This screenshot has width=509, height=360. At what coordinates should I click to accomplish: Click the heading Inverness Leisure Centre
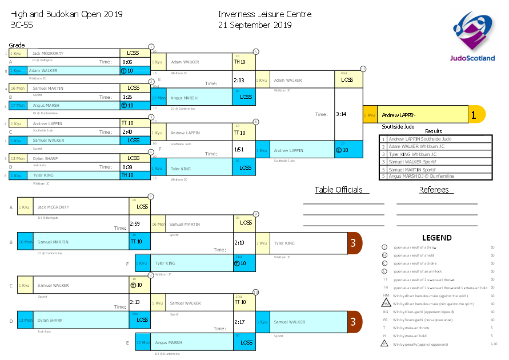[264, 14]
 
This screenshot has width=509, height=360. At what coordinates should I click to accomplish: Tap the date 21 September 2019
[255, 25]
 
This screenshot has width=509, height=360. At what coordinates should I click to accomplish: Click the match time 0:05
[127, 62]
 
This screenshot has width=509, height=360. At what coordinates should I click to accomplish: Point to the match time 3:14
[340, 114]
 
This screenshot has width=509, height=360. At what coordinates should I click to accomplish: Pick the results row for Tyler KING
[436, 154]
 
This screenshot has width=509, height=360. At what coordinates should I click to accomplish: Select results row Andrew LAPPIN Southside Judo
[436, 139]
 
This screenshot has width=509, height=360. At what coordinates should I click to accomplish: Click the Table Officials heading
[338, 190]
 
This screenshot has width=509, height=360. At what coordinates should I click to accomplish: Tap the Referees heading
[434, 190]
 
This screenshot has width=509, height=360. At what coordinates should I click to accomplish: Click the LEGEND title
[436, 238]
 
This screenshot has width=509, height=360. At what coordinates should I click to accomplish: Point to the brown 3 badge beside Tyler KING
[354, 243]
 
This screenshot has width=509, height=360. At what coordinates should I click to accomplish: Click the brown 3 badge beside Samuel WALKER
[354, 322]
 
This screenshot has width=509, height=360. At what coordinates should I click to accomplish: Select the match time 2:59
[135, 224]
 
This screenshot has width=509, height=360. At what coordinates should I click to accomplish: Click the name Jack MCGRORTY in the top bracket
[47, 53]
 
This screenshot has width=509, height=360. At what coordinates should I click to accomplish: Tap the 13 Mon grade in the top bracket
[17, 158]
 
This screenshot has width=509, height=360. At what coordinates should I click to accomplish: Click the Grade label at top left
[17, 45]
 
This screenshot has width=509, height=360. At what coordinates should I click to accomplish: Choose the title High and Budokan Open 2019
[66, 14]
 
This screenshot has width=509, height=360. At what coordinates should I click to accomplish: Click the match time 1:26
[127, 97]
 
